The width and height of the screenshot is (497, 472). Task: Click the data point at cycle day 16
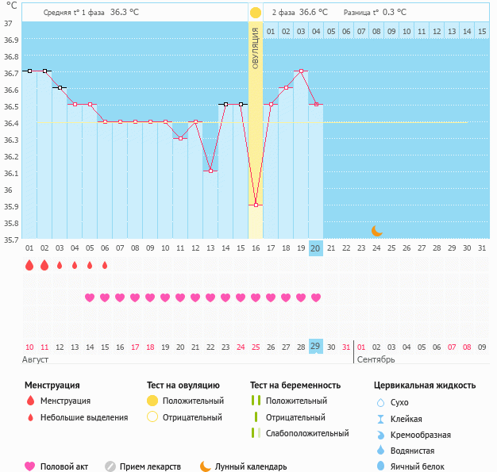pyautogui.click(x=256, y=205)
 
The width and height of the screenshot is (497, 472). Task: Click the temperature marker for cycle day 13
pyautogui.click(x=210, y=171)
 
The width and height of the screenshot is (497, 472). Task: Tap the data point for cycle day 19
pyautogui.click(x=301, y=71)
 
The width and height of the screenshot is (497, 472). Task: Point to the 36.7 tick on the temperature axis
pyautogui.click(x=11, y=74)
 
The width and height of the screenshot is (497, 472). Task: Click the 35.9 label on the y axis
pyautogui.click(x=11, y=207)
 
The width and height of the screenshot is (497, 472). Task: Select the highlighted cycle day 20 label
pyautogui.click(x=315, y=248)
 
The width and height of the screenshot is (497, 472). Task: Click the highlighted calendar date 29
pyautogui.click(x=315, y=347)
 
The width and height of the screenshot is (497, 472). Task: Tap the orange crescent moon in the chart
pyautogui.click(x=377, y=231)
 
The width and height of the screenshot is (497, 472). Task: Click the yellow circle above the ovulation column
pyautogui.click(x=256, y=13)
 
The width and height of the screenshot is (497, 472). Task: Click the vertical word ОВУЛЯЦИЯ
pyautogui.click(x=256, y=48)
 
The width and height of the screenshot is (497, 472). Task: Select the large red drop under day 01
pyautogui.click(x=29, y=266)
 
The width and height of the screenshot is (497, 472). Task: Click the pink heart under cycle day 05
pyautogui.click(x=90, y=297)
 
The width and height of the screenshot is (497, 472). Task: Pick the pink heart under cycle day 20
pyautogui.click(x=316, y=297)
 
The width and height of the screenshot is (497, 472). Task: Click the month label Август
pyautogui.click(x=36, y=359)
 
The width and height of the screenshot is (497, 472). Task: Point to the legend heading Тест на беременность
pyautogui.click(x=295, y=385)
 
